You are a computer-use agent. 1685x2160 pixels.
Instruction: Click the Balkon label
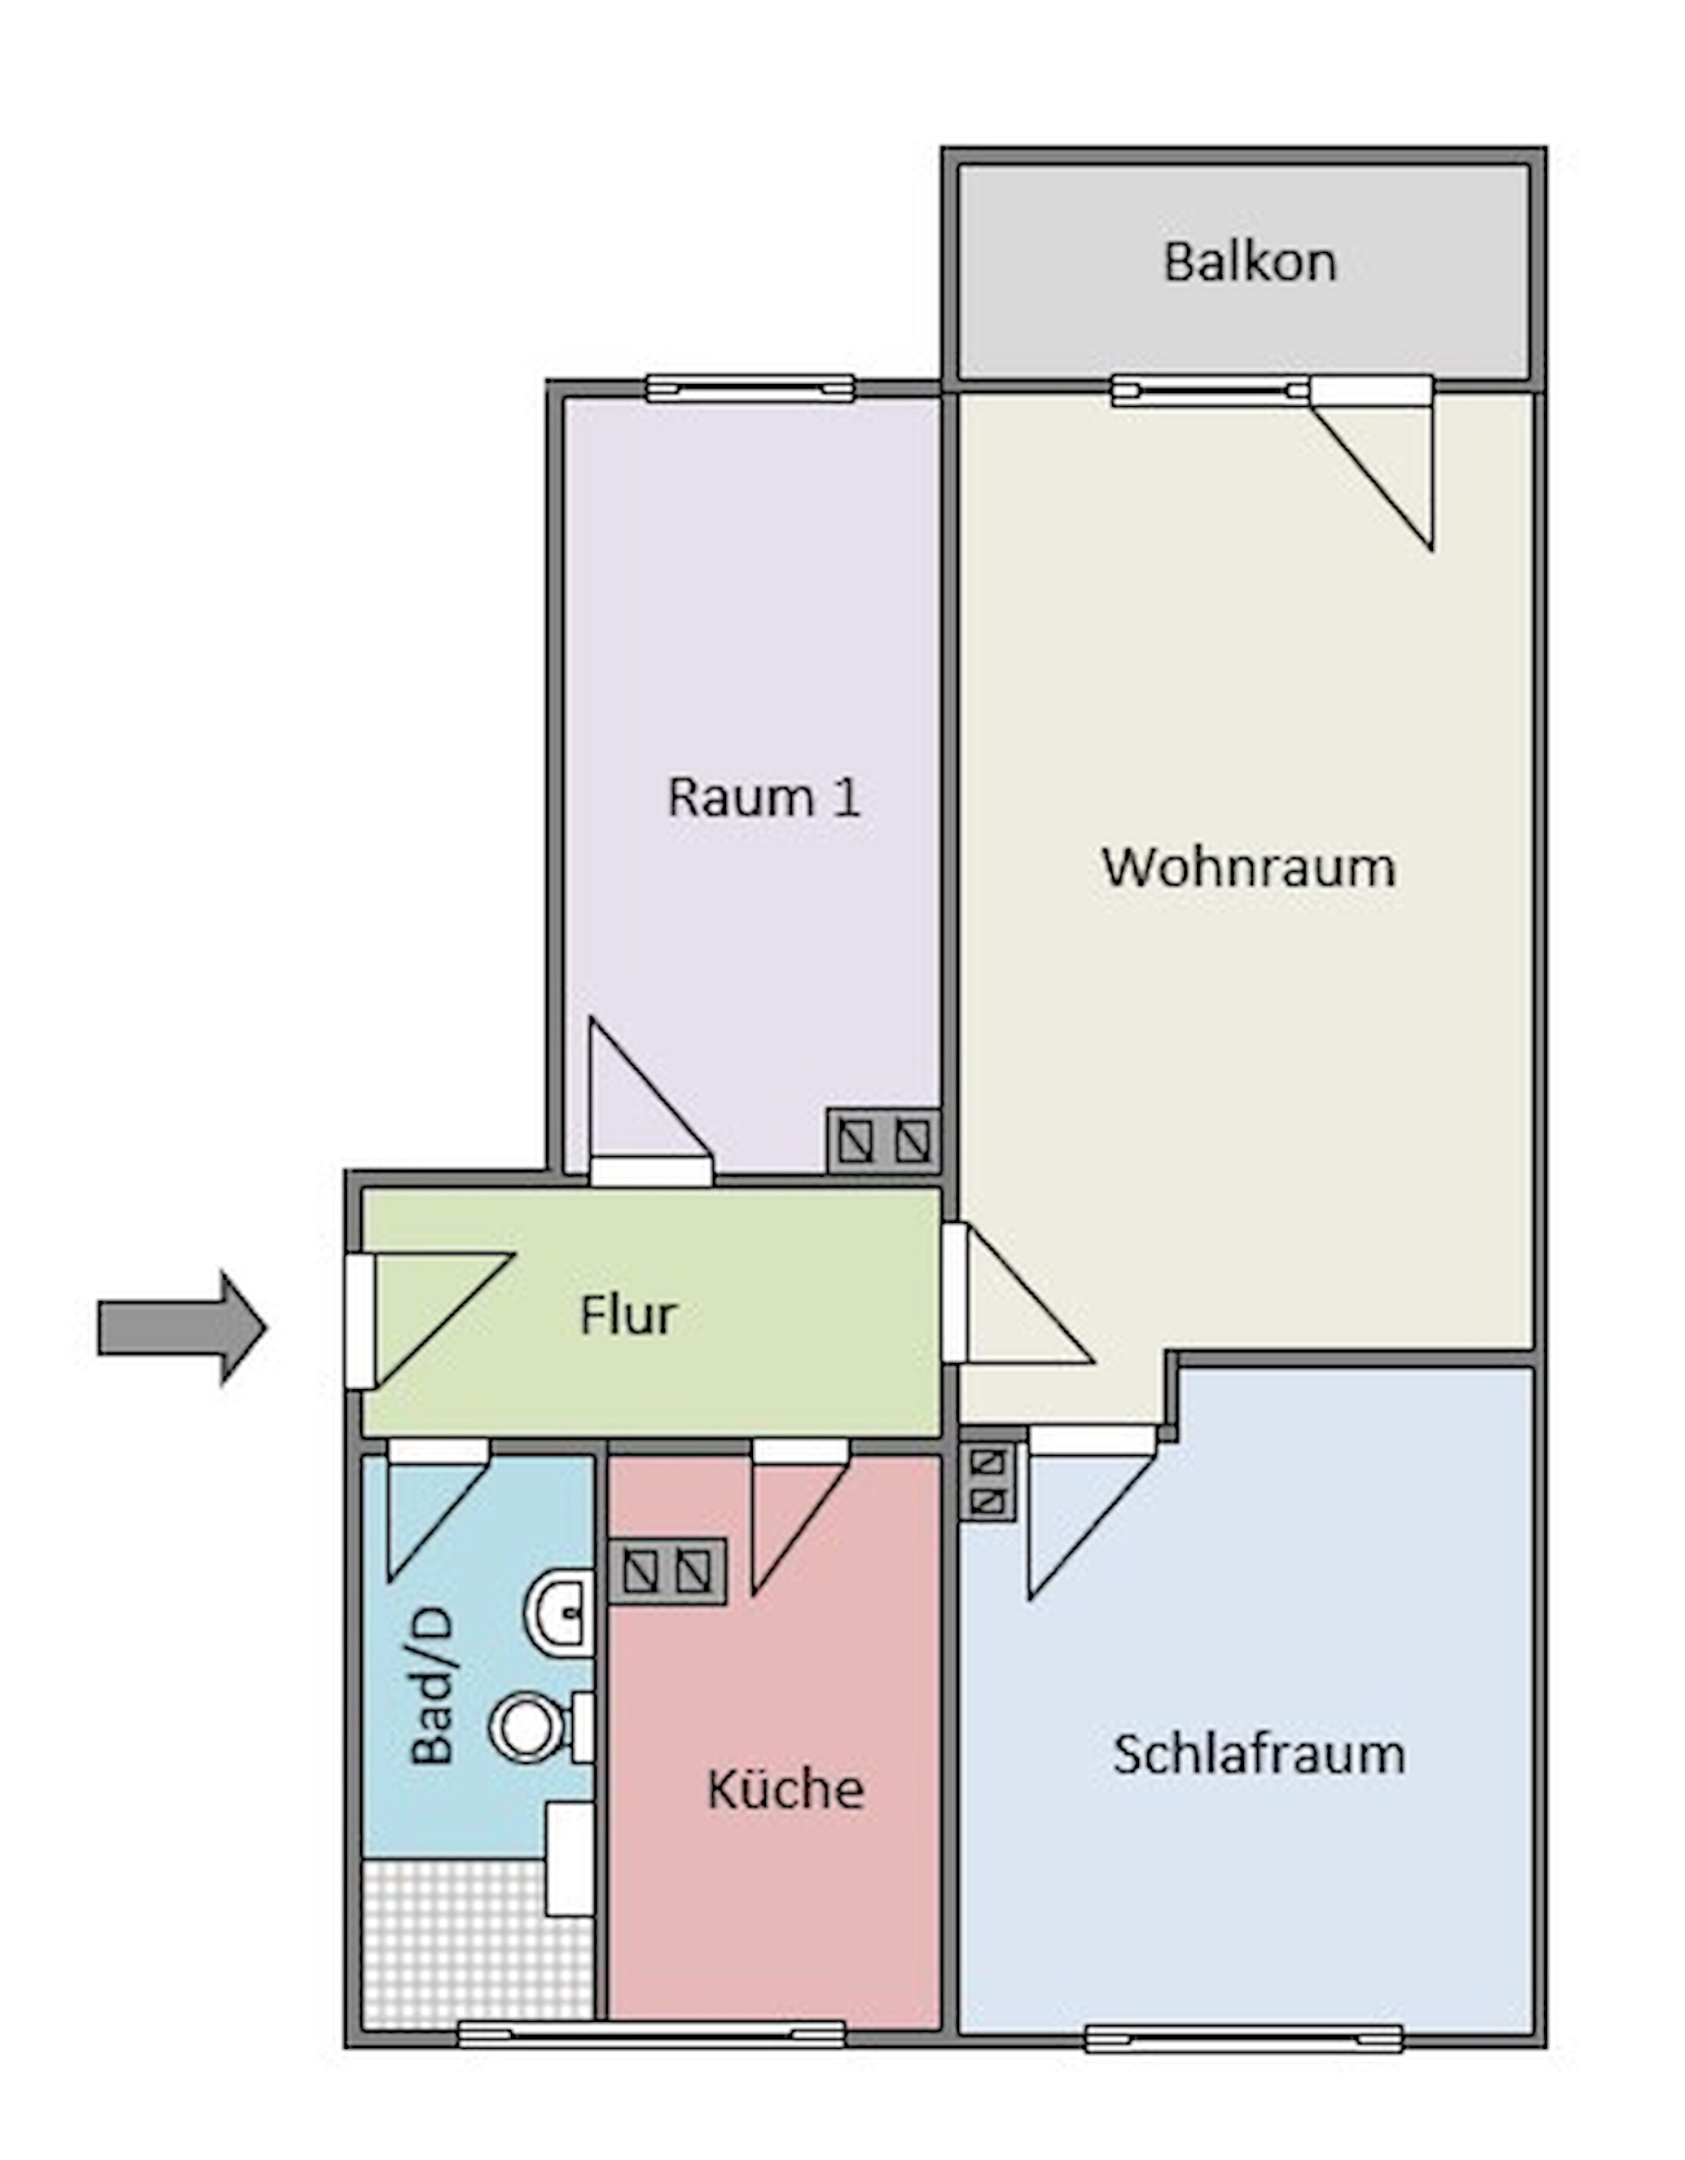pyautogui.click(x=1249, y=262)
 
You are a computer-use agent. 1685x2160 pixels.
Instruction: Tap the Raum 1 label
pyautogui.click(x=764, y=797)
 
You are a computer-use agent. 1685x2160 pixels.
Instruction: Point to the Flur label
pyautogui.click(x=628, y=1316)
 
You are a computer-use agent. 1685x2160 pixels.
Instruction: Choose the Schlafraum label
pyautogui.click(x=1258, y=1754)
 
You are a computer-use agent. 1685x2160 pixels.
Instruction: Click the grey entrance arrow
pyautogui.click(x=181, y=1327)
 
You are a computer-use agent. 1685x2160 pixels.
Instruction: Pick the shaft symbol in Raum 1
pyautogui.click(x=883, y=1142)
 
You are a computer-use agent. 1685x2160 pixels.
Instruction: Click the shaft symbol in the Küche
pyautogui.click(x=667, y=1571)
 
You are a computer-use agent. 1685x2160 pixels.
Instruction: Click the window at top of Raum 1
pyautogui.click(x=750, y=388)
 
